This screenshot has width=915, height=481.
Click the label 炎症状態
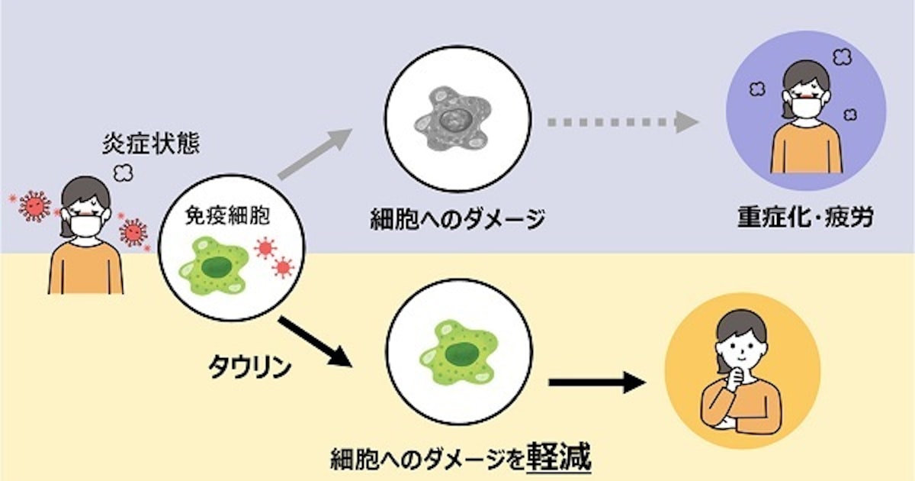tap(152, 144)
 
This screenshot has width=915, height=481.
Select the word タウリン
tap(249, 366)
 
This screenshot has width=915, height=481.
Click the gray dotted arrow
tap(622, 121)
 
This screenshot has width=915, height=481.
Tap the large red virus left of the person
tap(34, 205)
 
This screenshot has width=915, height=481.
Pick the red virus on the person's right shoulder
tap(133, 231)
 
